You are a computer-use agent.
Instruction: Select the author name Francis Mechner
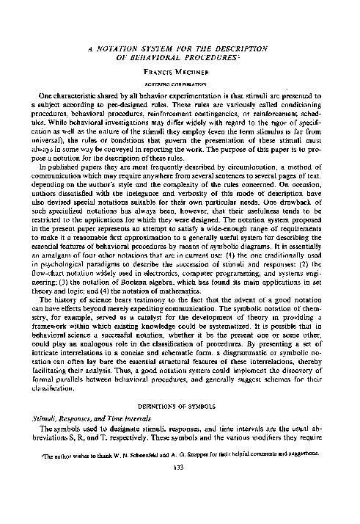point(181,73)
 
